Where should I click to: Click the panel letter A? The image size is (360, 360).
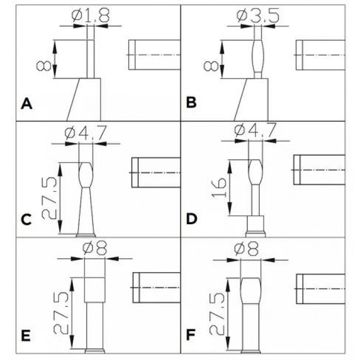pos(27,104)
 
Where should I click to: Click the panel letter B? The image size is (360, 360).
pos(191,103)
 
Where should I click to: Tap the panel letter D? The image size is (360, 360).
pos(192,220)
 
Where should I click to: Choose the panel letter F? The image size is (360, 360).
pos(192,337)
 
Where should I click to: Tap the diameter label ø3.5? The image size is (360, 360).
pos(259,16)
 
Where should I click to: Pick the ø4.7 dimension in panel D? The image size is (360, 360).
pos(255,132)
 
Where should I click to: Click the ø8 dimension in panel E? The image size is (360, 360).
pos(95,250)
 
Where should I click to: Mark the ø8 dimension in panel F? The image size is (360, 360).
pos(251,250)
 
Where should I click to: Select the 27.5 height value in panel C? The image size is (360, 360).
pos(50,198)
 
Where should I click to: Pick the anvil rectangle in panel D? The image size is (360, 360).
pos(319,169)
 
